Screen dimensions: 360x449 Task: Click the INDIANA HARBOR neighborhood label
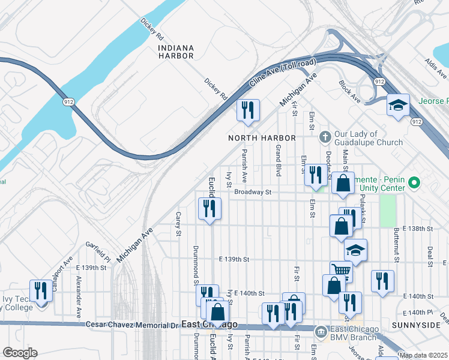176,52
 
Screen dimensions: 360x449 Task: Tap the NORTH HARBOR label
262,138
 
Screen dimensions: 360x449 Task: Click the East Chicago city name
209,325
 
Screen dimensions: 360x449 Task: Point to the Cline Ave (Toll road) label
282,75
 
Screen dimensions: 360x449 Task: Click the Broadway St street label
253,193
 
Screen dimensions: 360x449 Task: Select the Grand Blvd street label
279,160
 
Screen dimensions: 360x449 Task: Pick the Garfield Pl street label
98,252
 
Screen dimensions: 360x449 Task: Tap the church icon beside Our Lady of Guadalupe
325,136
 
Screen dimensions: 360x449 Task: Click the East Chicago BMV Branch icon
321,331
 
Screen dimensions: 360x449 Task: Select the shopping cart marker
341,271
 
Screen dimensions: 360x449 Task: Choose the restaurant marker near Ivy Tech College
41,290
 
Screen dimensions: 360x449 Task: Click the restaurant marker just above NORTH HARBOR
247,110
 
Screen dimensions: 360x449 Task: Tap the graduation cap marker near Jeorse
397,105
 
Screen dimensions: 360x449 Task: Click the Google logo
20,353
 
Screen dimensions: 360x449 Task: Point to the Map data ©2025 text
423,355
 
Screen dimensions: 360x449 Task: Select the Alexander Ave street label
79,297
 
